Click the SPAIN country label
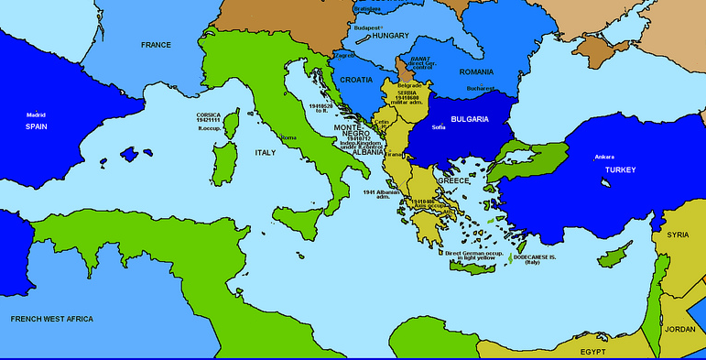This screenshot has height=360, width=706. click(x=36, y=126)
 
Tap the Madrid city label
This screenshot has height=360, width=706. click(x=36, y=115)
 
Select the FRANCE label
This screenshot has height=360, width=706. click(x=156, y=45)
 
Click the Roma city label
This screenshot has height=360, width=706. click(x=288, y=137)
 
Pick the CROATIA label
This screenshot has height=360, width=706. click(x=356, y=80)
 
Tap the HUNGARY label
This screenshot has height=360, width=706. click(x=390, y=36)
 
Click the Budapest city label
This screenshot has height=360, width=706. click(x=367, y=27)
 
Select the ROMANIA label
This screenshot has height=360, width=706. click(x=476, y=71)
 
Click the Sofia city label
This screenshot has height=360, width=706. click(x=439, y=127)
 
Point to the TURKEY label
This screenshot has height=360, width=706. click(x=620, y=170)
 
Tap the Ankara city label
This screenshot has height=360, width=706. click(x=604, y=157)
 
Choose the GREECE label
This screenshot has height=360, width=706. click(x=452, y=180)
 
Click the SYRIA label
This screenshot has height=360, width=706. click(x=678, y=235)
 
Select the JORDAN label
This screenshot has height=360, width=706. click(x=679, y=328)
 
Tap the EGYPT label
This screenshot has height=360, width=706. click(x=593, y=351)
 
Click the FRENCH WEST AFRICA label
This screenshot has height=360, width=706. click(x=51, y=319)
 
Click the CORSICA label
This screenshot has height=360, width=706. click(x=209, y=115)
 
